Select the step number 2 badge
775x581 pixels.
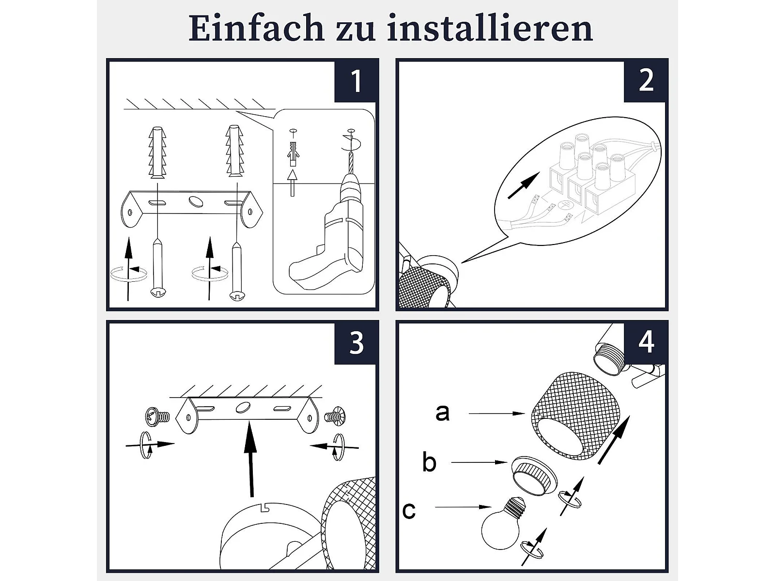pos(646,81)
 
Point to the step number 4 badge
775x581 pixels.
pos(646,342)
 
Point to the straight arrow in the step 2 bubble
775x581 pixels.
pos(524,185)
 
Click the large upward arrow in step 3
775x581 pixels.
pos(251,459)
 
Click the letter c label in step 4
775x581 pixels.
pos(409,510)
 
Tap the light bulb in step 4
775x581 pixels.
pos(503,523)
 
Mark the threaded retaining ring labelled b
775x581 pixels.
pos(534,476)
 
